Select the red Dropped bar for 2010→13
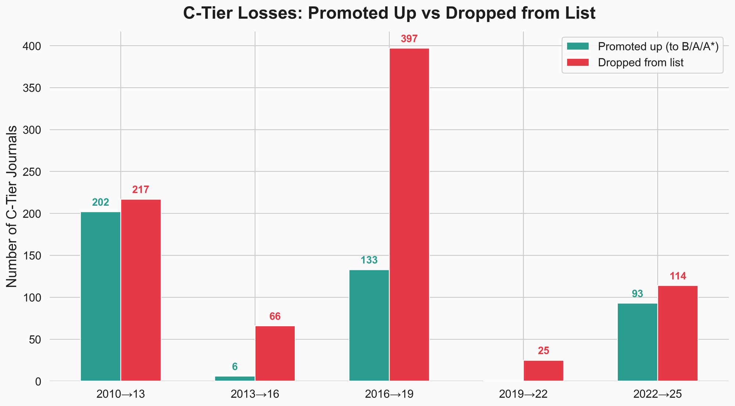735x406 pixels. (141, 290)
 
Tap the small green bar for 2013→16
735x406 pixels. (235, 378)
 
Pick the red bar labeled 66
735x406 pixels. (275, 353)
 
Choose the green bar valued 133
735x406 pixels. (369, 326)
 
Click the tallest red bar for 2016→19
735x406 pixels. (409, 215)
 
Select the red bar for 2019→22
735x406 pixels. (543, 371)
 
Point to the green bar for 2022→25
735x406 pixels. (637, 342)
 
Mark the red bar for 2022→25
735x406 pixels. (678, 333)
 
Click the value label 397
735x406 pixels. (409, 39)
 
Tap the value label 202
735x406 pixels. (100, 202)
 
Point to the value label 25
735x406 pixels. (543, 351)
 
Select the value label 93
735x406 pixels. (637, 294)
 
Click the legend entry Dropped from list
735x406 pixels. (641, 63)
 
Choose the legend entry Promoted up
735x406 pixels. (658, 47)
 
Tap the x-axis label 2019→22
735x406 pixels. (523, 395)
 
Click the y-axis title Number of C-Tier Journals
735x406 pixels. (12, 206)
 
